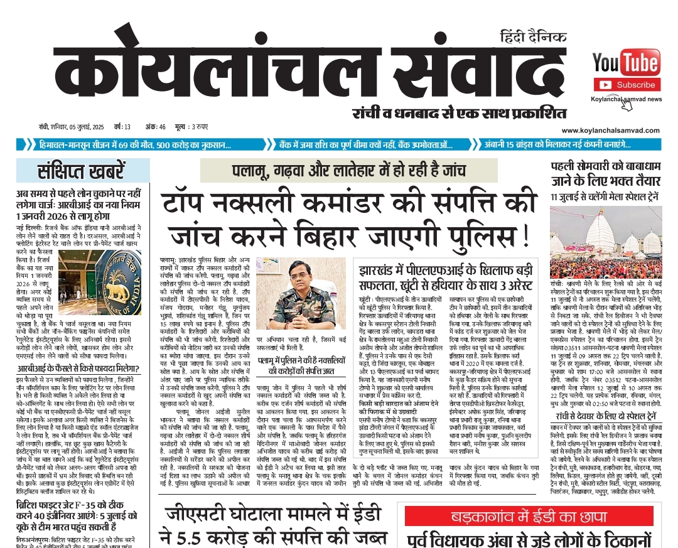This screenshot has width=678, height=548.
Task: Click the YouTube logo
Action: coord(625,63)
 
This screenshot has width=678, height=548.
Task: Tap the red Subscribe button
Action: coord(625,84)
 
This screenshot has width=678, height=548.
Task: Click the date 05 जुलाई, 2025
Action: coord(80,127)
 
